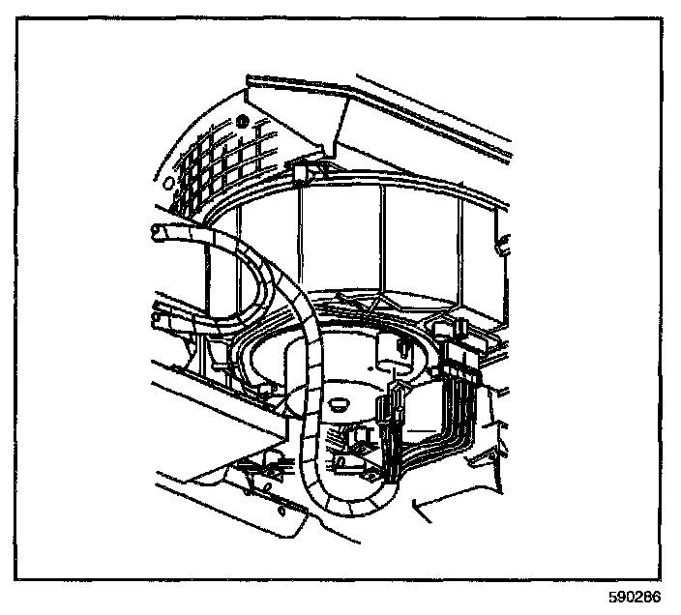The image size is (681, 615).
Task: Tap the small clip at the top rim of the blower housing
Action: click(x=303, y=171)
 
